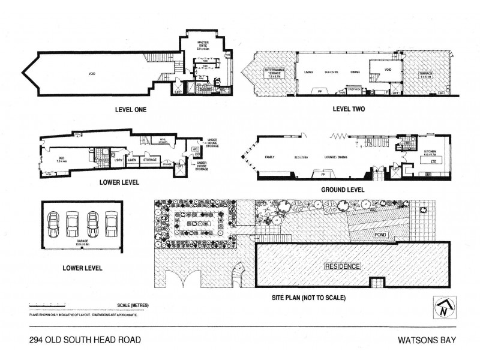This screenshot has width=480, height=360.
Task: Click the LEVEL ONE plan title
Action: [131, 110]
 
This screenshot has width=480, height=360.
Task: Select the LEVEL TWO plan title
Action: [349, 109]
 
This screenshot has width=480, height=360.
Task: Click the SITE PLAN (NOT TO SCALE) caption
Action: [308, 297]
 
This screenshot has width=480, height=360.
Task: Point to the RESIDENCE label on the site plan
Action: [343, 266]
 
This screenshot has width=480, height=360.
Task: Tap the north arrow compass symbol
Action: [442, 307]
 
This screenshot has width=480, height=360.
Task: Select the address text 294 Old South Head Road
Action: [85, 340]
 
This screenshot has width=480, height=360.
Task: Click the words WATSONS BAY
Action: [424, 340]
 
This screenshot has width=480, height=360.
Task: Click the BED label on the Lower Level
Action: [61, 159]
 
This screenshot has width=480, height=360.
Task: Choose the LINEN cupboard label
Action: [132, 160]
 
